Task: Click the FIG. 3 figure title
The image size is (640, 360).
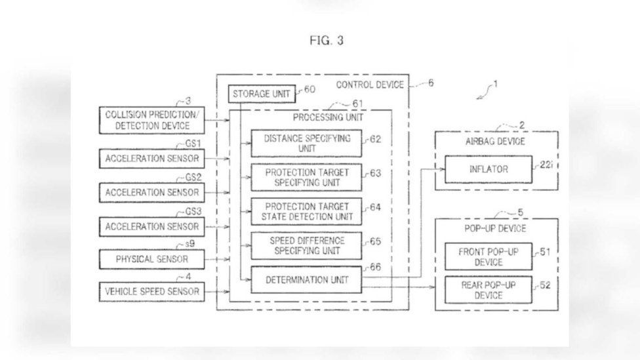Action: click(327, 41)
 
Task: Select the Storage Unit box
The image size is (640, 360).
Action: click(262, 94)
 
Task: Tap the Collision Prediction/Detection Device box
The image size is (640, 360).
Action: click(152, 121)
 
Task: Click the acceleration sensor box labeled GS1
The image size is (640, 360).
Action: click(152, 159)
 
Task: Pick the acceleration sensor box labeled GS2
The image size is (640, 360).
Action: click(152, 192)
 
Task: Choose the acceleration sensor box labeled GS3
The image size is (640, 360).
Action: click(152, 226)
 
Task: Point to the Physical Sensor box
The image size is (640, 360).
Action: click(152, 259)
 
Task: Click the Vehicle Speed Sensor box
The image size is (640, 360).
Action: click(152, 291)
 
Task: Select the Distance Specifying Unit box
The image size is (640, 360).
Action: click(306, 143)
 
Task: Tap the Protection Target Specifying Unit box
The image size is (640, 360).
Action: click(306, 178)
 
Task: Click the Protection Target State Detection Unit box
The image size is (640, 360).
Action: click(306, 211)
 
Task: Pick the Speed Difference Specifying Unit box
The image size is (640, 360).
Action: click(306, 246)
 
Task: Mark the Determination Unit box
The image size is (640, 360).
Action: click(306, 280)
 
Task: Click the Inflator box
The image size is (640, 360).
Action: click(489, 169)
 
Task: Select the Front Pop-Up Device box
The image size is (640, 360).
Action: click(489, 257)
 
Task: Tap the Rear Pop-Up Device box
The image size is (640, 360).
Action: click(489, 290)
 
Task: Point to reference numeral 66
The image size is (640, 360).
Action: click(376, 268)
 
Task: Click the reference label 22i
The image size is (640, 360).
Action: click(546, 165)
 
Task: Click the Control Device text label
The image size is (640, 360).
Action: click(370, 85)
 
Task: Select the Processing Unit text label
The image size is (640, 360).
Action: click(328, 117)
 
